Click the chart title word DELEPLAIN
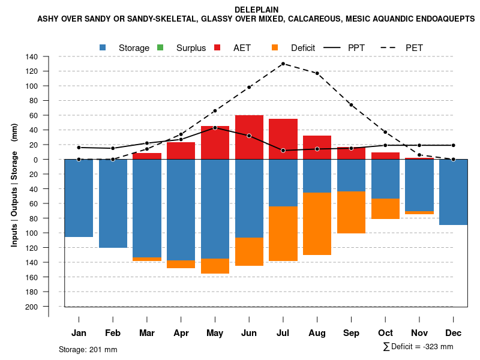tap(256, 10)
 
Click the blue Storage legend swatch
tap(103, 47)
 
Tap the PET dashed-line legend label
tap(414, 47)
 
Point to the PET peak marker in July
tap(283, 64)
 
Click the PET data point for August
tap(317, 73)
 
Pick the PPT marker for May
tap(215, 128)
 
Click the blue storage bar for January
tap(79, 198)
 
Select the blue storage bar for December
tap(453, 192)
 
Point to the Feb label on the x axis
tap(113, 333)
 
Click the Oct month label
tap(385, 333)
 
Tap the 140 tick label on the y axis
tap(32, 57)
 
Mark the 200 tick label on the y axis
tap(32, 307)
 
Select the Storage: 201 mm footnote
tap(88, 349)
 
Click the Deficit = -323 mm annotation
tap(418, 347)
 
